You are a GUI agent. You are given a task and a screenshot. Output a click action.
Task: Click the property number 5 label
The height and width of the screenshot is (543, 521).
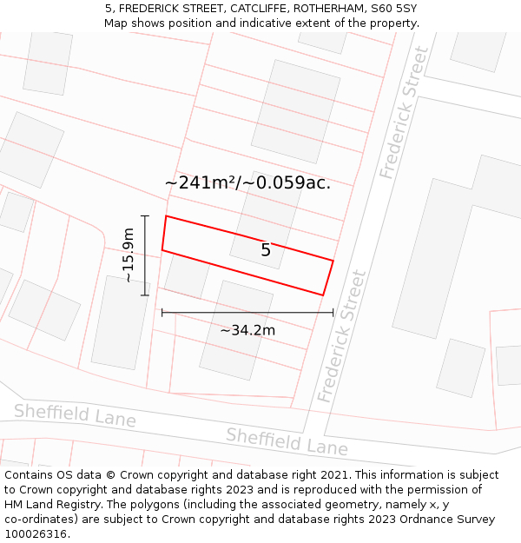pos(266,250)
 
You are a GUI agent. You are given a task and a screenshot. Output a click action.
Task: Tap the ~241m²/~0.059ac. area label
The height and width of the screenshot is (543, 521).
pos(247,183)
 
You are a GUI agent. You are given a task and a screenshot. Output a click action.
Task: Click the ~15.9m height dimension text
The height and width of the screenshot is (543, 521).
pos(129,255)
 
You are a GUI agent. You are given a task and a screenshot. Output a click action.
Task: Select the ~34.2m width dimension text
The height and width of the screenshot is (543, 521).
pos(247,330)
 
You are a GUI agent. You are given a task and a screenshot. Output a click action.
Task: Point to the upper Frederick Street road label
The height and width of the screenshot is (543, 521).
pos(405,113)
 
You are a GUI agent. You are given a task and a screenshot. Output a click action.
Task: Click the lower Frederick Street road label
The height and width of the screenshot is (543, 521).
pos(342,336)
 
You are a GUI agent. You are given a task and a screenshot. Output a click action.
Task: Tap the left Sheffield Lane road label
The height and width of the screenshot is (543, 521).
pos(75,414)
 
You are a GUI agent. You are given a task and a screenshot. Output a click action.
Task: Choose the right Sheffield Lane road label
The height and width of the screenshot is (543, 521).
pos(287,441)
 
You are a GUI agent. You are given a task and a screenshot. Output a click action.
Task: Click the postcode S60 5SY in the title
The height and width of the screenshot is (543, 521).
pos(394,9)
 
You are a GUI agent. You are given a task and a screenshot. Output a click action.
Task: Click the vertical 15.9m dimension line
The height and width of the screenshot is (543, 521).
pos(146,255)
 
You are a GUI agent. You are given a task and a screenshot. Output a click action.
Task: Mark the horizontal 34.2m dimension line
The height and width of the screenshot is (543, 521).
pos(247,312)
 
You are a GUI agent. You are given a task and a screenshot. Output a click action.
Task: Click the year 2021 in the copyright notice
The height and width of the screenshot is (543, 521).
pos(332,475)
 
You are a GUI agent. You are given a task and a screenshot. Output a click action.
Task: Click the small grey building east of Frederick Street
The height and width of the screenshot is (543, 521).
pos(460,368)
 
